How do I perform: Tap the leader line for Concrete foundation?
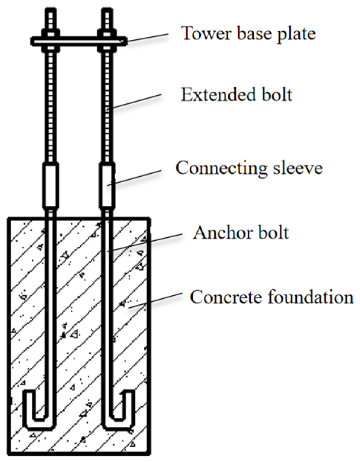pyautogui.click(x=156, y=299)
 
